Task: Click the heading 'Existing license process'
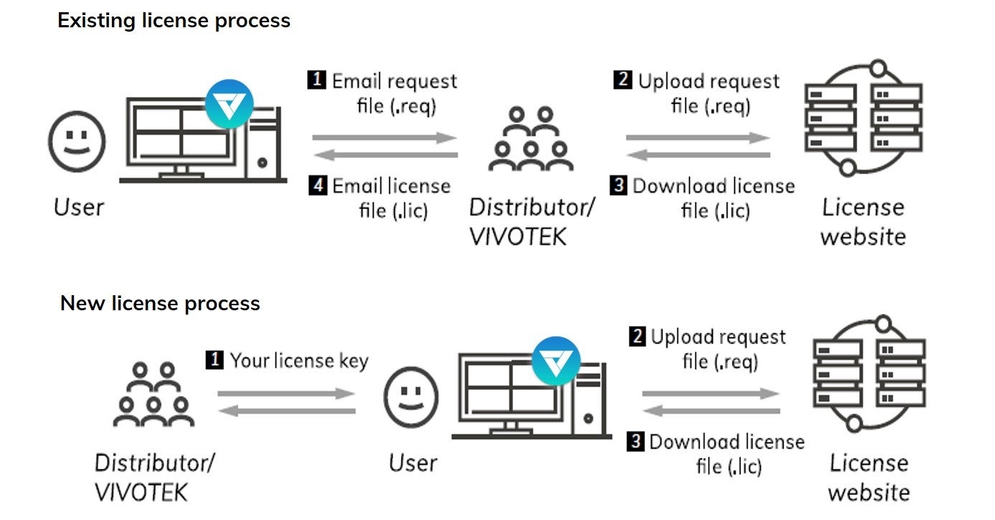[x=174, y=21]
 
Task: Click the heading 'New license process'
[x=160, y=303]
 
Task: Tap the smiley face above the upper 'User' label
[x=77, y=140]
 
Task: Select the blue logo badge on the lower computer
[x=556, y=360]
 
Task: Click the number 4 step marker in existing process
[x=318, y=186]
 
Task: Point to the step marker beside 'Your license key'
[x=214, y=360]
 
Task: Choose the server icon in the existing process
[x=862, y=119]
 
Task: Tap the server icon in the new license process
[x=869, y=373]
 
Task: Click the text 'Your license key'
[x=298, y=360]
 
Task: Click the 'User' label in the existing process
[x=78, y=208]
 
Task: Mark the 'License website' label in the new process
[x=869, y=477]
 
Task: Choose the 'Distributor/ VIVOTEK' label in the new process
[x=154, y=477]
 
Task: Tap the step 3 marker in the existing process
[x=618, y=186]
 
